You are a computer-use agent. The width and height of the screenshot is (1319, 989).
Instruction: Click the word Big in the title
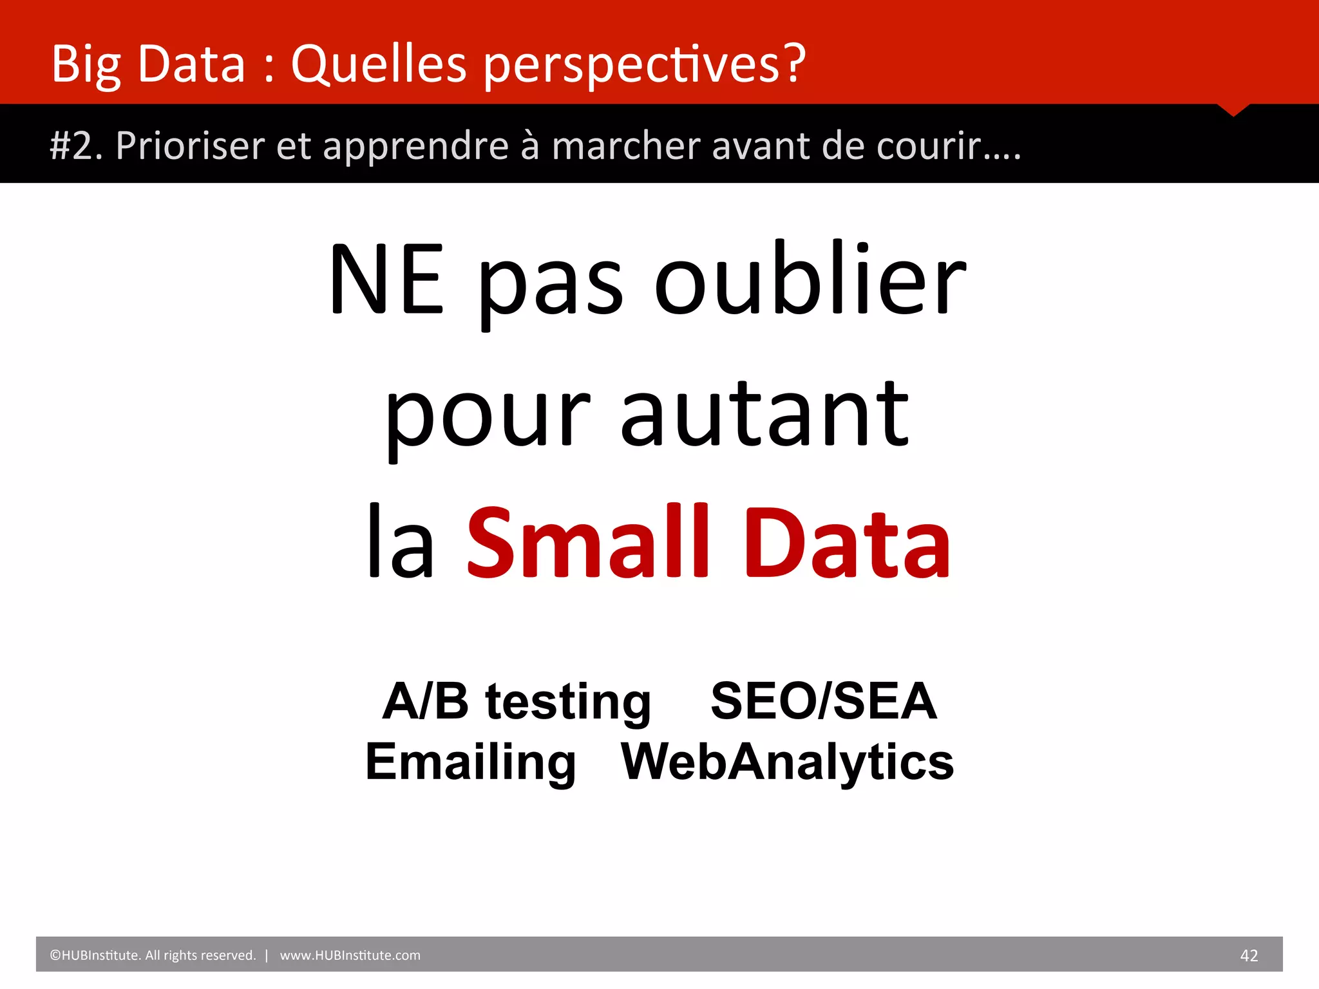pyautogui.click(x=86, y=64)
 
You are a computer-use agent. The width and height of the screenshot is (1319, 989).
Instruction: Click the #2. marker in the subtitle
pyautogui.click(x=76, y=146)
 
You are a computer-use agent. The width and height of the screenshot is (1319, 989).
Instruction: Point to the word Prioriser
pyautogui.click(x=190, y=146)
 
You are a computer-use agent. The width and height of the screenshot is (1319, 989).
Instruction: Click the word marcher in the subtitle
pyautogui.click(x=625, y=146)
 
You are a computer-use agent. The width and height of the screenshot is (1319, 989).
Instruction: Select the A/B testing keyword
pyautogui.click(x=517, y=701)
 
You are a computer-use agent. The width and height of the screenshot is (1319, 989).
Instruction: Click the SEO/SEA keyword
pyautogui.click(x=823, y=701)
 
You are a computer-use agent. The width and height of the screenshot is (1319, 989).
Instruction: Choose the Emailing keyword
pyautogui.click(x=471, y=761)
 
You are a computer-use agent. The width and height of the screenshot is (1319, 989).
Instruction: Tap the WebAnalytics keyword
pyautogui.click(x=787, y=761)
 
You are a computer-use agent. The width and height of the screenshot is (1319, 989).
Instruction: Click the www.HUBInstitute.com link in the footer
pyautogui.click(x=350, y=956)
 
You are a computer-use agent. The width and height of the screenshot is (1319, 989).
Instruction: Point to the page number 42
pyautogui.click(x=1249, y=956)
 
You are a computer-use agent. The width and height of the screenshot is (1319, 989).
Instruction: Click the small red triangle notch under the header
pyautogui.click(x=1233, y=109)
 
